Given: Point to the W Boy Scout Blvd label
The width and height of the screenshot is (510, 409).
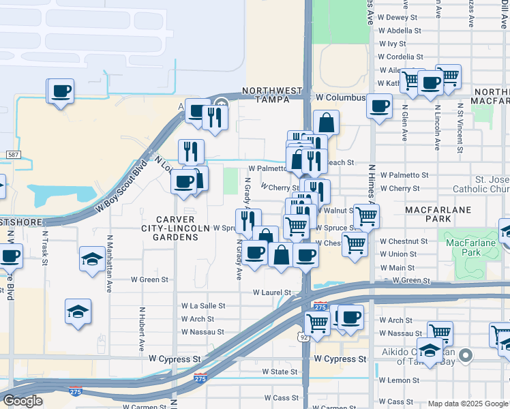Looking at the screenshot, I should pyautogui.click(x=122, y=185).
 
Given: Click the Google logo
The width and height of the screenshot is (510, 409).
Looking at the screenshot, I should pyautogui.click(x=22, y=401).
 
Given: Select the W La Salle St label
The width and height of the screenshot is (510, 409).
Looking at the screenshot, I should pyautogui.click(x=198, y=307).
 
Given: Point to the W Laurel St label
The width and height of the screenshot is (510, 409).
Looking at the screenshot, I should pyautogui.click(x=272, y=292).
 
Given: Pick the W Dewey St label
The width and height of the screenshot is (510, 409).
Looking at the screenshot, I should pyautogui.click(x=402, y=18).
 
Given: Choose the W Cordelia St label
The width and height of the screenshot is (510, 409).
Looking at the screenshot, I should pyautogui.click(x=402, y=57).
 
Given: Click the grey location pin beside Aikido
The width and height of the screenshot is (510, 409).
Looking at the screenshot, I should pyautogui.click(x=466, y=354).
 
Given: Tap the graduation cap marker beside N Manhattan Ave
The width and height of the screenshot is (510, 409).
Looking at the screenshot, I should pyautogui.click(x=92, y=260).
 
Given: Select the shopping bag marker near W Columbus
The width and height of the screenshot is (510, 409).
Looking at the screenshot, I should pyautogui.click(x=327, y=123).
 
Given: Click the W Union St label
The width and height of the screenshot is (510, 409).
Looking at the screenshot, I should pyautogui.click(x=398, y=254).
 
